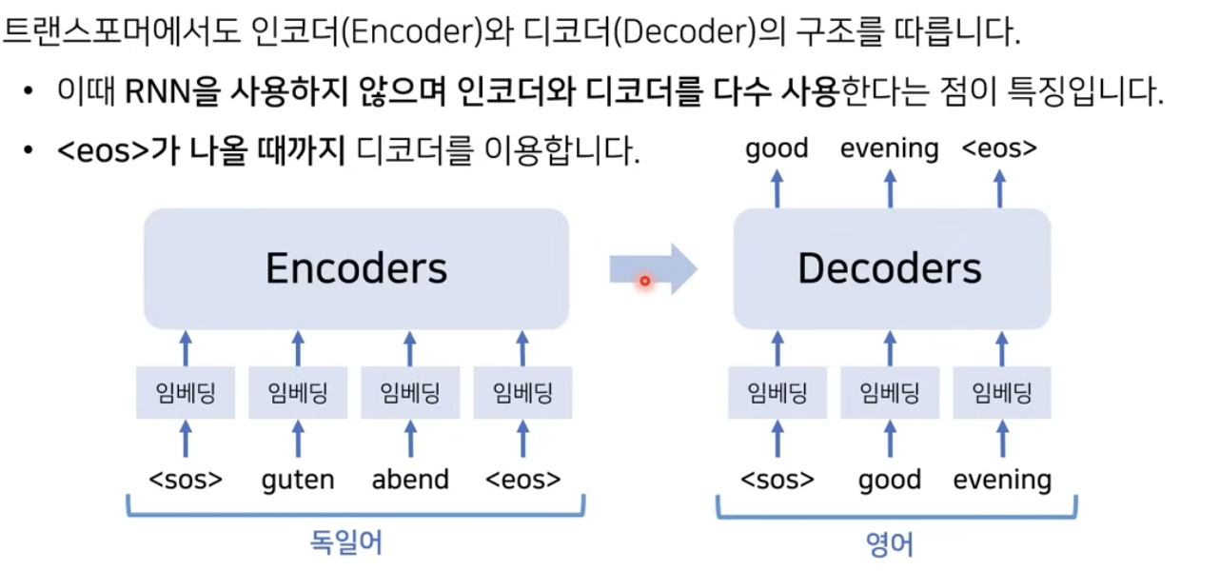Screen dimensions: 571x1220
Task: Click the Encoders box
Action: click(x=356, y=269)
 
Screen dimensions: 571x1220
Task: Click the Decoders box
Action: click(x=891, y=269)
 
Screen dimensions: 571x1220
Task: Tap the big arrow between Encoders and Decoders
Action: click(x=653, y=270)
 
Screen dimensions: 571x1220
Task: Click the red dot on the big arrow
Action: click(x=644, y=281)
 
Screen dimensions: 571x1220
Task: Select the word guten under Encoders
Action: click(x=298, y=480)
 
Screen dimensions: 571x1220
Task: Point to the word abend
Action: click(x=410, y=479)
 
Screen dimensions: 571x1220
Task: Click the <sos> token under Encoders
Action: click(x=186, y=479)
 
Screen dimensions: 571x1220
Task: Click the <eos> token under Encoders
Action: click(x=522, y=479)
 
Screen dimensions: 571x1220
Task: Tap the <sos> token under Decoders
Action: click(x=777, y=479)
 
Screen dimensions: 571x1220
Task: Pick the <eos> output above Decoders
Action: click(x=999, y=148)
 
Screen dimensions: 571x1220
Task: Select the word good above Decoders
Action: click(x=777, y=148)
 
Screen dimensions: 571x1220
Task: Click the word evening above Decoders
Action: click(x=890, y=148)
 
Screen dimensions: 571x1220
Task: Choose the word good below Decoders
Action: click(x=890, y=480)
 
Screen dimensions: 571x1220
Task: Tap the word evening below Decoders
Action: click(x=1002, y=480)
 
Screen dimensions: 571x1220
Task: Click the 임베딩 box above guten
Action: click(x=298, y=392)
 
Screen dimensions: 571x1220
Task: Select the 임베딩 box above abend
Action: click(x=410, y=392)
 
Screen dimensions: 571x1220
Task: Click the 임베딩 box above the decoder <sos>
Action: click(x=777, y=392)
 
